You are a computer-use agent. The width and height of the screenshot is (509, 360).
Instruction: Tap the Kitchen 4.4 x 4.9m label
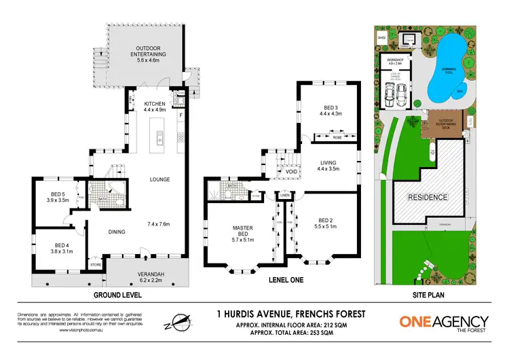154,107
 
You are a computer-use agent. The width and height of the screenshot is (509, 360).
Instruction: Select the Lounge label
160,179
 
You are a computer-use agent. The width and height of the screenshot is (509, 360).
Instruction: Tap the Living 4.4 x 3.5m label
333,166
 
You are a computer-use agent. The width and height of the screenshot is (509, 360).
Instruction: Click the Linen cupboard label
284,196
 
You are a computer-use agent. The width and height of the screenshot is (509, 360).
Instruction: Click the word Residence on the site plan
427,197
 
